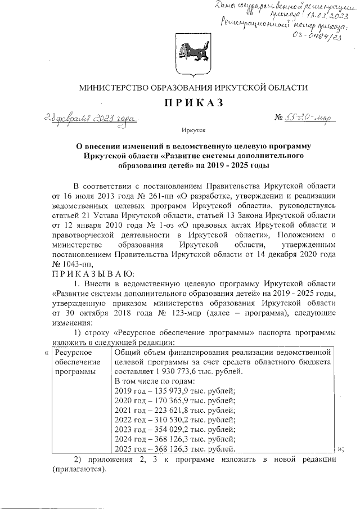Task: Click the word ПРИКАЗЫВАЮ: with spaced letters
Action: (x=89, y=273)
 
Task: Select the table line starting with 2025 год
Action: (x=174, y=449)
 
